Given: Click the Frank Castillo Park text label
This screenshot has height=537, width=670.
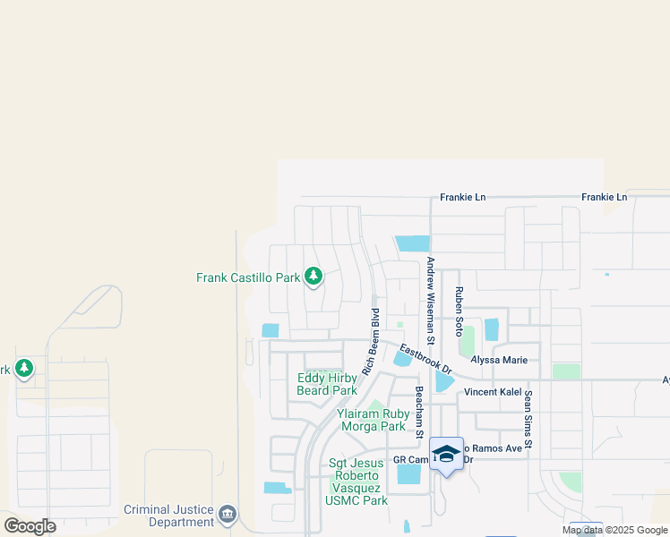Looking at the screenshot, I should (x=248, y=277).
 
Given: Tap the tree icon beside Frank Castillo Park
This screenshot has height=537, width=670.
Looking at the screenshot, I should (x=314, y=277).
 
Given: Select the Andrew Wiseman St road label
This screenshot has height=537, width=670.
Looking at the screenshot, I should (x=431, y=301).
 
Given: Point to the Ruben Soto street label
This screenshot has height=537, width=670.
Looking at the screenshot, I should (x=458, y=305).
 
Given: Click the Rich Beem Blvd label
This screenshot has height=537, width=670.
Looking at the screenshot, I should (x=371, y=341).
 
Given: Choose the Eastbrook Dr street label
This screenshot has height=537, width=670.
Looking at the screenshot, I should (x=425, y=359).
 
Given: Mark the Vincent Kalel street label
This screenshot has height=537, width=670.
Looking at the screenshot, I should (x=493, y=392).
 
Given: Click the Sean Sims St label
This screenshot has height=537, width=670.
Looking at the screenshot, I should (x=528, y=420).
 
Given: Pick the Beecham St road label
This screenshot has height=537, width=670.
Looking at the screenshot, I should (x=418, y=413).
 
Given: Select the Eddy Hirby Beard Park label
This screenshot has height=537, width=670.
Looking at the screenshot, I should (x=327, y=384).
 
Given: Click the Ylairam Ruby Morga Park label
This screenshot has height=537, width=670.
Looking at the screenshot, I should (x=374, y=420).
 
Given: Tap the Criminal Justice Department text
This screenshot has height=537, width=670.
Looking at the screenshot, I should (x=169, y=516).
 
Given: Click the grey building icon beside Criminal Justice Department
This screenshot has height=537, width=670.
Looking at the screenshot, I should (x=228, y=515).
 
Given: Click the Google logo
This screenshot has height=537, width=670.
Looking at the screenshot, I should (x=30, y=525).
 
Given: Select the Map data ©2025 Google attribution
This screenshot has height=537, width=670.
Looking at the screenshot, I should (x=614, y=530).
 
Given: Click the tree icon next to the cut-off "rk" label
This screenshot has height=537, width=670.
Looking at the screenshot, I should (x=23, y=368).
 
